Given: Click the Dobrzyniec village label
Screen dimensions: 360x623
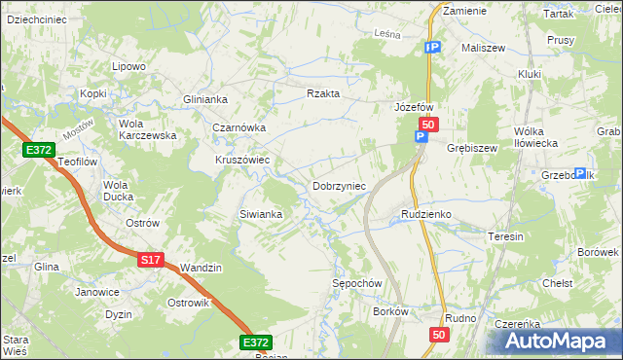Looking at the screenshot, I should (339, 186).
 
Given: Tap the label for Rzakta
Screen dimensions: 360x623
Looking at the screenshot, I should (322, 93).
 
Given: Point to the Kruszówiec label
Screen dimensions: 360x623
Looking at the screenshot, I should (242, 161).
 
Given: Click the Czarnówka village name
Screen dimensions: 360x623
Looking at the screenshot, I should (239, 127).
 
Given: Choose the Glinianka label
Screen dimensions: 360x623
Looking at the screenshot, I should (205, 99).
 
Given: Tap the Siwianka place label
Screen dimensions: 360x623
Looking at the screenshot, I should (261, 214).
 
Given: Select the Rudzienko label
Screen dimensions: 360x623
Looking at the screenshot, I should (426, 214).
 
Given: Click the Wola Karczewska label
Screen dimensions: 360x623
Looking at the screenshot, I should (147, 129).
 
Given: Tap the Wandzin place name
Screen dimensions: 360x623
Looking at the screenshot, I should (202, 268).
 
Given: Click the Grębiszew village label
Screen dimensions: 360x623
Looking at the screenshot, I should (472, 149).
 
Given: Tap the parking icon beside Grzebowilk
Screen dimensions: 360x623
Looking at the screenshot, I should (580, 173).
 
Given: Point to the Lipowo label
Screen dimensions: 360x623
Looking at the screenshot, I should (128, 66).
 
